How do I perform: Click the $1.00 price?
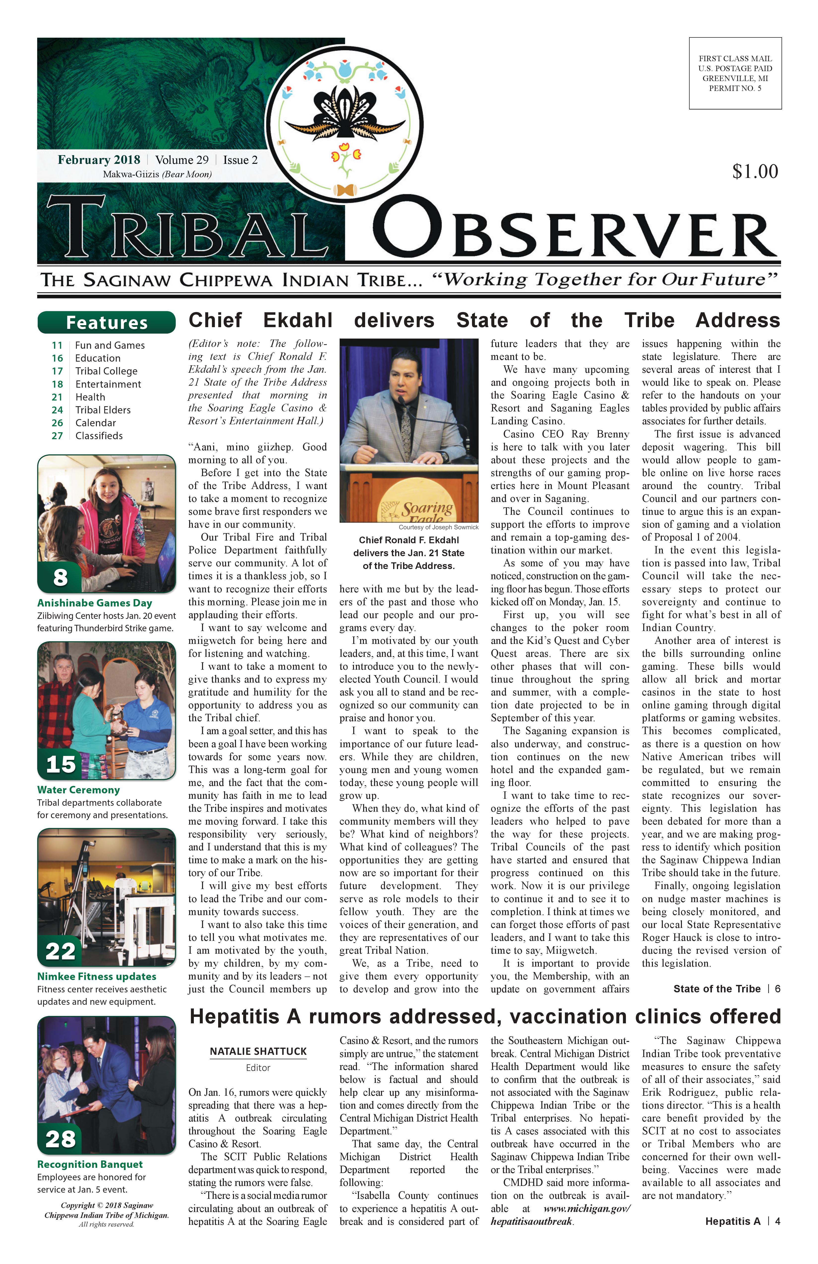point(755,172)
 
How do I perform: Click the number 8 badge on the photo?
point(60,577)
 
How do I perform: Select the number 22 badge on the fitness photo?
point(60,951)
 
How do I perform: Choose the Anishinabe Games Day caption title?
point(94,603)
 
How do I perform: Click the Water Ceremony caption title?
point(79,790)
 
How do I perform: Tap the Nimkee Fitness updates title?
point(97,976)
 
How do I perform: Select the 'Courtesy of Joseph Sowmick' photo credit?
point(438,527)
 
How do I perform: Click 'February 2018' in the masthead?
point(99,160)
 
